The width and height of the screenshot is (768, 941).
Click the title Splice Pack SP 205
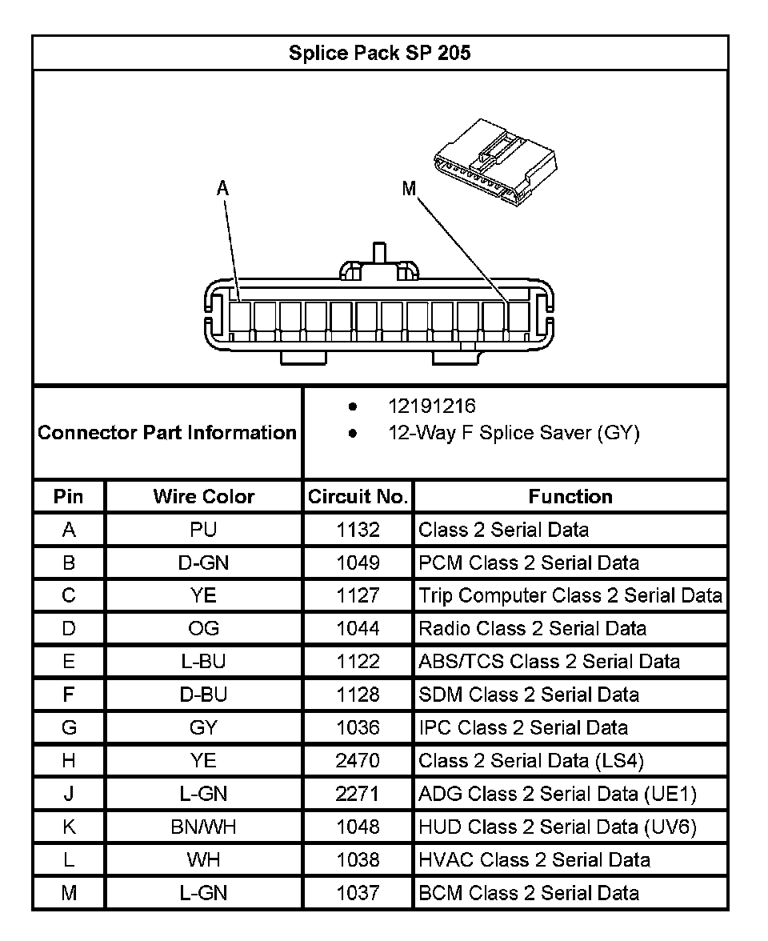point(379,54)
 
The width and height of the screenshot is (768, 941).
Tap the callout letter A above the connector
point(223,188)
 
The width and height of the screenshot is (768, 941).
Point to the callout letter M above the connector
point(409,189)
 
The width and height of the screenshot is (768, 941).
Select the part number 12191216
point(431,406)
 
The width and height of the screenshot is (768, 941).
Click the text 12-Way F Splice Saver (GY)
point(514,434)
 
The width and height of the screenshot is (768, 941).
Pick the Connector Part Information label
point(167,433)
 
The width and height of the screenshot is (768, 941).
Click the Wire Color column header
point(203,496)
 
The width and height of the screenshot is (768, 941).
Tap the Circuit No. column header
point(358,497)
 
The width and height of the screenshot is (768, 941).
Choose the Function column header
point(570,496)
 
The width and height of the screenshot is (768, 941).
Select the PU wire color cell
point(203,530)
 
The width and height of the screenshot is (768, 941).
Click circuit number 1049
point(358,563)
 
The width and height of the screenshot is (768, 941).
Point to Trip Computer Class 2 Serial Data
point(570,595)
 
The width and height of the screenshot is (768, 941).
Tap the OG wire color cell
point(203,628)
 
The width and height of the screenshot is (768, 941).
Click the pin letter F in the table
point(69,695)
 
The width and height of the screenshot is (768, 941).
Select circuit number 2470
point(358,760)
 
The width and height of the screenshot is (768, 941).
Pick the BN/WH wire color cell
point(203,827)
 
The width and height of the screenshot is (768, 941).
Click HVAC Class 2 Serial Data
point(534,859)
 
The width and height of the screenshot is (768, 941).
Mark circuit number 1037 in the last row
point(358,892)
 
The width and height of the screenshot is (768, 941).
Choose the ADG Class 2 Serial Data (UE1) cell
point(558,794)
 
